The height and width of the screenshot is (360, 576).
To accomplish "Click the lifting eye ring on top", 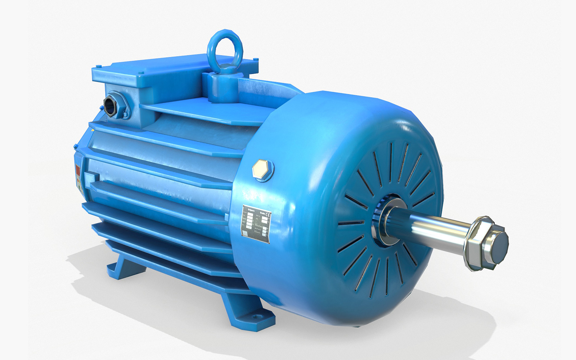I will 225,47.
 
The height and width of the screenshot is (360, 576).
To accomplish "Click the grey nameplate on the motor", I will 256,224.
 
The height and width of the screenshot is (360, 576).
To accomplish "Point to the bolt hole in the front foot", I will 256,317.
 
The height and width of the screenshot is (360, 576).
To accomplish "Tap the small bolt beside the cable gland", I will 126,115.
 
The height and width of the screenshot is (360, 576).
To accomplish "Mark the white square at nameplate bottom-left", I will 245,234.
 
